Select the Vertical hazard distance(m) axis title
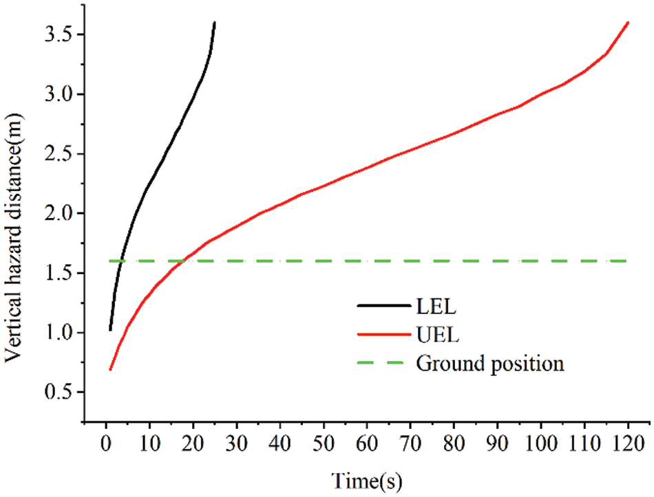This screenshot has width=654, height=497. coord(15,226)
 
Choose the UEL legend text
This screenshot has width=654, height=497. coord(433,335)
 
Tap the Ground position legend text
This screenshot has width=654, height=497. coord(489,364)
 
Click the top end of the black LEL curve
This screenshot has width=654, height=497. coord(214,23)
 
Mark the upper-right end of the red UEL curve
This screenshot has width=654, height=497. coord(628,23)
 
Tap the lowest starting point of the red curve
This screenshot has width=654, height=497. coord(110,370)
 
